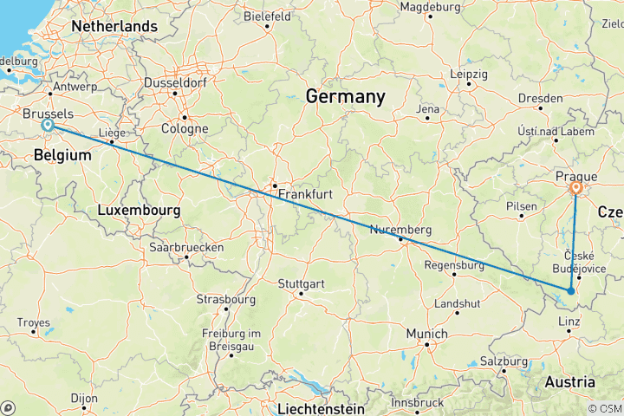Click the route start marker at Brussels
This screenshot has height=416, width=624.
pyautogui.click(x=48, y=126)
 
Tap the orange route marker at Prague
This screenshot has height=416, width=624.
pyautogui.click(x=576, y=187)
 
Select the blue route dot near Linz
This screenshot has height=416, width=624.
pyautogui.click(x=569, y=291)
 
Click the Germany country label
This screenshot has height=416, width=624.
pyautogui.click(x=345, y=97)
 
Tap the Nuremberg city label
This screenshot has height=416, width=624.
pyautogui.click(x=400, y=230)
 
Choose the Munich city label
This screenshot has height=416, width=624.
pyautogui.click(x=427, y=334)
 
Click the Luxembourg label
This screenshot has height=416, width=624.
pyautogui.click(x=139, y=211)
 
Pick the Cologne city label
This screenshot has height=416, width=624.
pyautogui.click(x=184, y=129)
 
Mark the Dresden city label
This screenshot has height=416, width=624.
pyautogui.click(x=540, y=99)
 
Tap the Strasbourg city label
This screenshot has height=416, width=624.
pyautogui.click(x=226, y=299)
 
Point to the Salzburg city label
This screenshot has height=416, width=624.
pyautogui.click(x=504, y=361)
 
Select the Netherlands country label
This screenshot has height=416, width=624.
pyautogui.click(x=114, y=27)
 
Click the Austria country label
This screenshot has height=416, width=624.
pyautogui.click(x=569, y=382)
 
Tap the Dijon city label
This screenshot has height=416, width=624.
pyautogui.click(x=84, y=400)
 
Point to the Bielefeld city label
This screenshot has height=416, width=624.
pyautogui.click(x=269, y=16)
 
